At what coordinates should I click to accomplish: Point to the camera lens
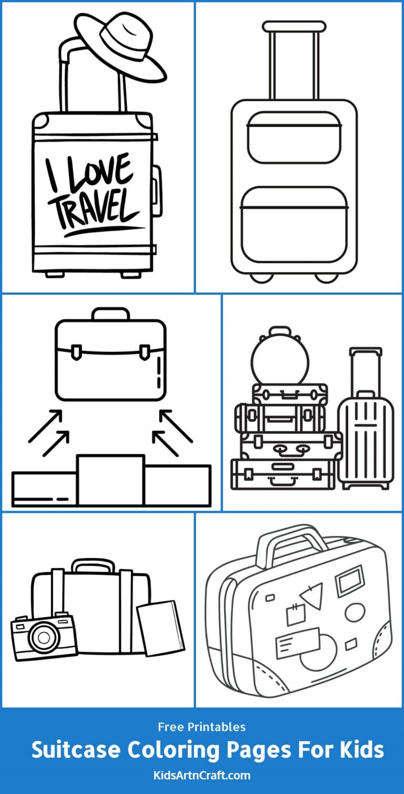41,638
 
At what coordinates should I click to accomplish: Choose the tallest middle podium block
110,480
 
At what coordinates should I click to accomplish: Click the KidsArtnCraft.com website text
203,775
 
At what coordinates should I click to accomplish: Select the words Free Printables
202,727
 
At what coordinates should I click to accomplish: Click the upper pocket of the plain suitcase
295,137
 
